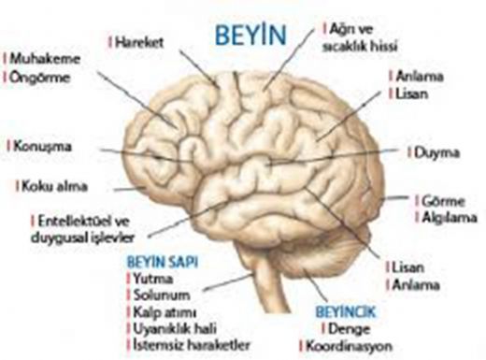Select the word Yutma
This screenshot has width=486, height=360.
pos(152,278)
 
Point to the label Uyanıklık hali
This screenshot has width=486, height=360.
pos(173,328)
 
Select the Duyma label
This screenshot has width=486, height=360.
pos(431,149)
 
